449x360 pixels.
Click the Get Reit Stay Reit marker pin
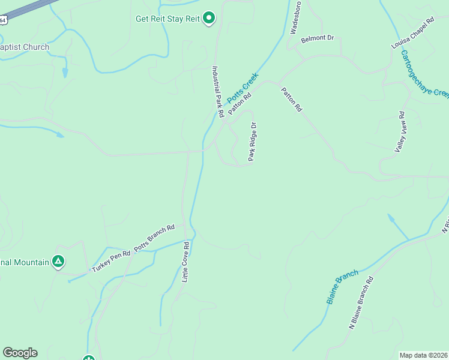pyautogui.click(x=208, y=19)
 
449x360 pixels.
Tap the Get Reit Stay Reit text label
pyautogui.click(x=167, y=18)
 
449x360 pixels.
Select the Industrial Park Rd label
pyautogui.click(x=217, y=92)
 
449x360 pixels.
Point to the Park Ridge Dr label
pyautogui.click(x=253, y=142)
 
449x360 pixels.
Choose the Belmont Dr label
pyautogui.click(x=317, y=38)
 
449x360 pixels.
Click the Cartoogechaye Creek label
pyautogui.click(x=424, y=73)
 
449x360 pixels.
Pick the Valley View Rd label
pyautogui.click(x=400, y=132)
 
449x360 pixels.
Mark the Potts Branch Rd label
pyautogui.click(x=154, y=238)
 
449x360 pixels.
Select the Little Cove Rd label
pyautogui.click(x=185, y=262)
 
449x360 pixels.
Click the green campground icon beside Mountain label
pyautogui.click(x=58, y=262)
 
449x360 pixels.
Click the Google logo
pyautogui.click(x=20, y=353)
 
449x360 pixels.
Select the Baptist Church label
pyautogui.click(x=25, y=47)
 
